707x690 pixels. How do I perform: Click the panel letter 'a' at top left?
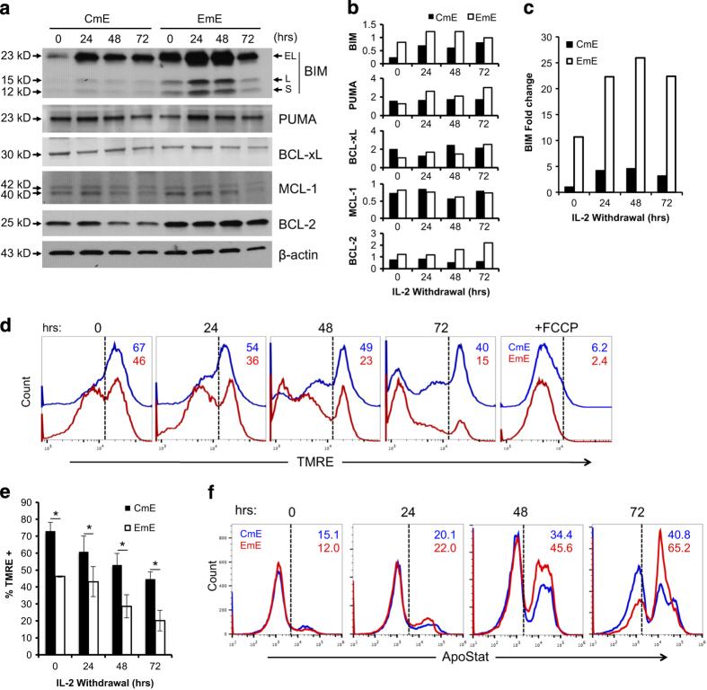pos(8,8)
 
